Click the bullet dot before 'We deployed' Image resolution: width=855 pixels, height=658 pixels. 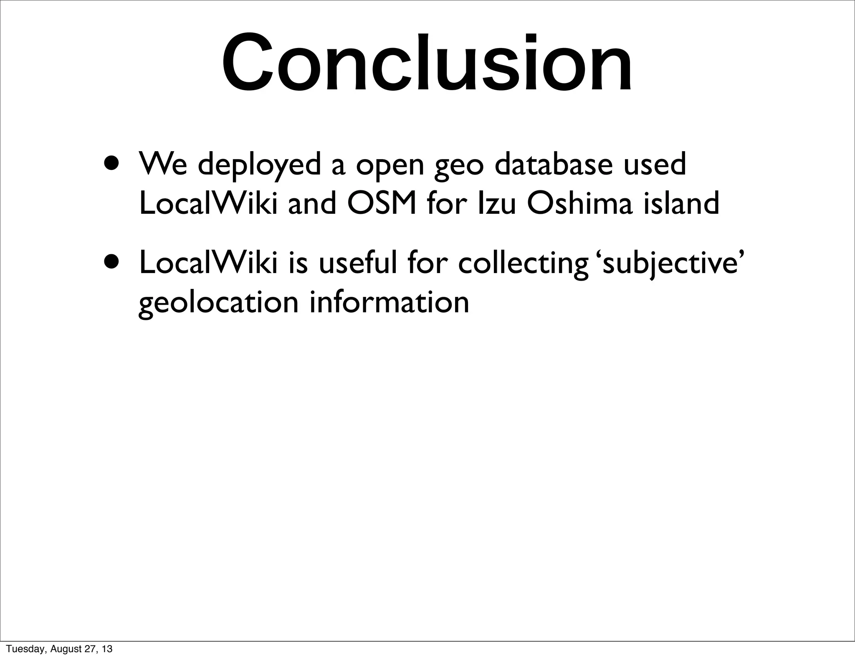click(114, 162)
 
